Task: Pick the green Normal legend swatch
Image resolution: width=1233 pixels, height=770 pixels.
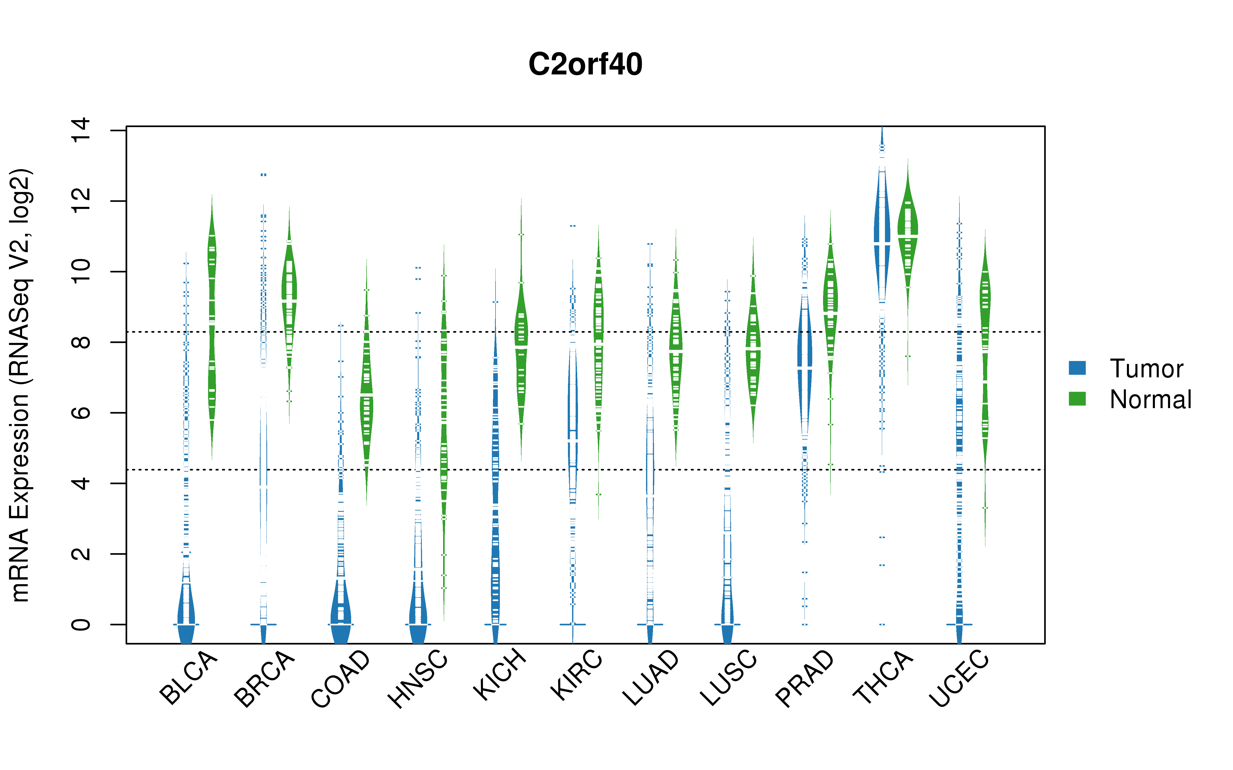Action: coord(1077,399)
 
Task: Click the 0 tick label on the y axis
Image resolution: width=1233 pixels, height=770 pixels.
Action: coord(80,624)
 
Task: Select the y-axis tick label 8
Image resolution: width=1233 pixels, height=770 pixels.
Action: coord(80,342)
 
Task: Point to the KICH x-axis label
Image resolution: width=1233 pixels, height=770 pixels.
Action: coord(499,674)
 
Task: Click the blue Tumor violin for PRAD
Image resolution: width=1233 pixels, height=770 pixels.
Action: coord(805,367)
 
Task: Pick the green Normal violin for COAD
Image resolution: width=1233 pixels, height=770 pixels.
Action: coord(366,382)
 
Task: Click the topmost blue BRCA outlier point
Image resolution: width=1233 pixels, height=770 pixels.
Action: coord(263,175)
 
